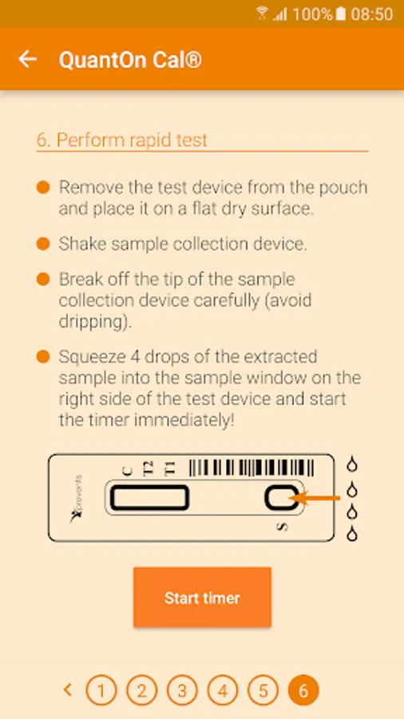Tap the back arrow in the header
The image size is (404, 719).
point(27,59)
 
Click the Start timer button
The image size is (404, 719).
point(203,597)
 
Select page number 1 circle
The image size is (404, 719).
point(101,690)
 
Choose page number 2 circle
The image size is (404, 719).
point(141,690)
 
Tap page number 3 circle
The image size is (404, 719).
point(182,690)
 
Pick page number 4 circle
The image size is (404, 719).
point(222,690)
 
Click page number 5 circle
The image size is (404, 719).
point(263,690)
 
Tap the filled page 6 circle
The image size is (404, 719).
point(303,690)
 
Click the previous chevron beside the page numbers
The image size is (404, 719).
point(68,689)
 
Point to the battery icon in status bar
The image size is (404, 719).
point(340,14)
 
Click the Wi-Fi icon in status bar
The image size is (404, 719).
point(262,14)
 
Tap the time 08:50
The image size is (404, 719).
point(372,14)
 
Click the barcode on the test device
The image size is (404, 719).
point(252,467)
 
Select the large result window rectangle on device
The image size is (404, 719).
point(149,498)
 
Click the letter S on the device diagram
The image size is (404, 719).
point(283,527)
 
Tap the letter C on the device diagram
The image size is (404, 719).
point(128,471)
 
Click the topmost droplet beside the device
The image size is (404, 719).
point(351,464)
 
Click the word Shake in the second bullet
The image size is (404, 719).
point(82,244)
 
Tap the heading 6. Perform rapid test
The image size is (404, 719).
point(122,140)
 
